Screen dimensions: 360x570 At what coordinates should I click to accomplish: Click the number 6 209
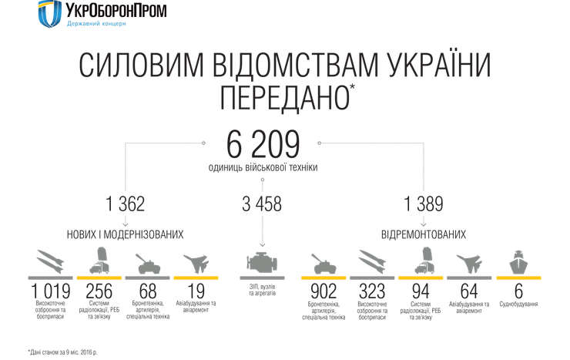[263, 144]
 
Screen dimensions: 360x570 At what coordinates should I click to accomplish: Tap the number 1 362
[126, 204]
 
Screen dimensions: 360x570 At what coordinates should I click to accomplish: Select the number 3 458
[262, 204]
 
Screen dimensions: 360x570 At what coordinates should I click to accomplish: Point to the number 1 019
[51, 291]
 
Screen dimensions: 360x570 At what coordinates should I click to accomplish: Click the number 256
[101, 291]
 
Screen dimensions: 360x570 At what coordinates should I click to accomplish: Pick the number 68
[149, 291]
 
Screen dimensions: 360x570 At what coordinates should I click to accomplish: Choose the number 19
[196, 291]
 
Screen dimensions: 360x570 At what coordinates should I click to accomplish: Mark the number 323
[372, 291]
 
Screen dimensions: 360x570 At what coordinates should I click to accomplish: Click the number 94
[421, 291]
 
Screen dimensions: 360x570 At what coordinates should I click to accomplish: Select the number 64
[469, 291]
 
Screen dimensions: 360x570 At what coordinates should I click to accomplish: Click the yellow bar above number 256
[101, 276]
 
